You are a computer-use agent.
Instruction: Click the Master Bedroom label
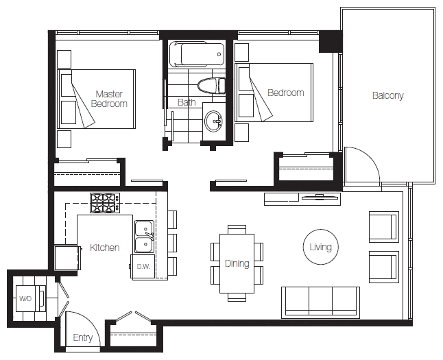[109, 99]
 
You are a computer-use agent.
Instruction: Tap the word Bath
[187, 102]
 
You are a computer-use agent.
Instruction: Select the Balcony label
[387, 95]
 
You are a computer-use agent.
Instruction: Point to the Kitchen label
[104, 248]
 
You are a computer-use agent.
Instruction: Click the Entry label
[83, 337]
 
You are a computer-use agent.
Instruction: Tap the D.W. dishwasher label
[143, 267]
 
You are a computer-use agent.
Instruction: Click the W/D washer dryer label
[25, 298]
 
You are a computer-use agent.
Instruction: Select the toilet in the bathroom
[211, 85]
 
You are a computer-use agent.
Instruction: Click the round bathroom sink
[214, 121]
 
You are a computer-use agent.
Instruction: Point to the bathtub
[197, 54]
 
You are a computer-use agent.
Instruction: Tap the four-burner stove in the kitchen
[105, 203]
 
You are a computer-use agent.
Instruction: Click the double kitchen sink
[144, 237]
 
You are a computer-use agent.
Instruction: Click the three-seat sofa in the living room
[320, 302]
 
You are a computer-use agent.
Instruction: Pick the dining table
[237, 263]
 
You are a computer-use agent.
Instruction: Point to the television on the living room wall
[320, 197]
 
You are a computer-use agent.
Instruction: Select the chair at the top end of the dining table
[237, 229]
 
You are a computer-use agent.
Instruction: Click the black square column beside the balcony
[331, 41]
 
